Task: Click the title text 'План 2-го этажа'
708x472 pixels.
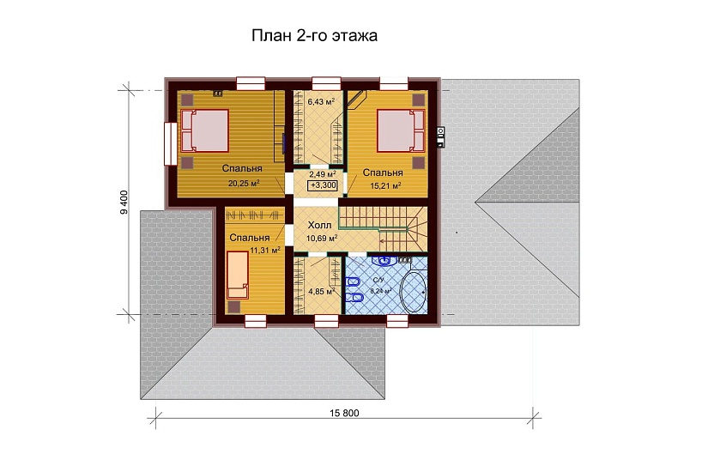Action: click(314, 36)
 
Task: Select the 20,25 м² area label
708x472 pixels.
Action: click(244, 183)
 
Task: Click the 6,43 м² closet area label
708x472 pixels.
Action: click(321, 101)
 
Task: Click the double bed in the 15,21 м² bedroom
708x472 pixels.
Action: click(402, 132)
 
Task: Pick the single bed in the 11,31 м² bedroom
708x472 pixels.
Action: click(238, 274)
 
